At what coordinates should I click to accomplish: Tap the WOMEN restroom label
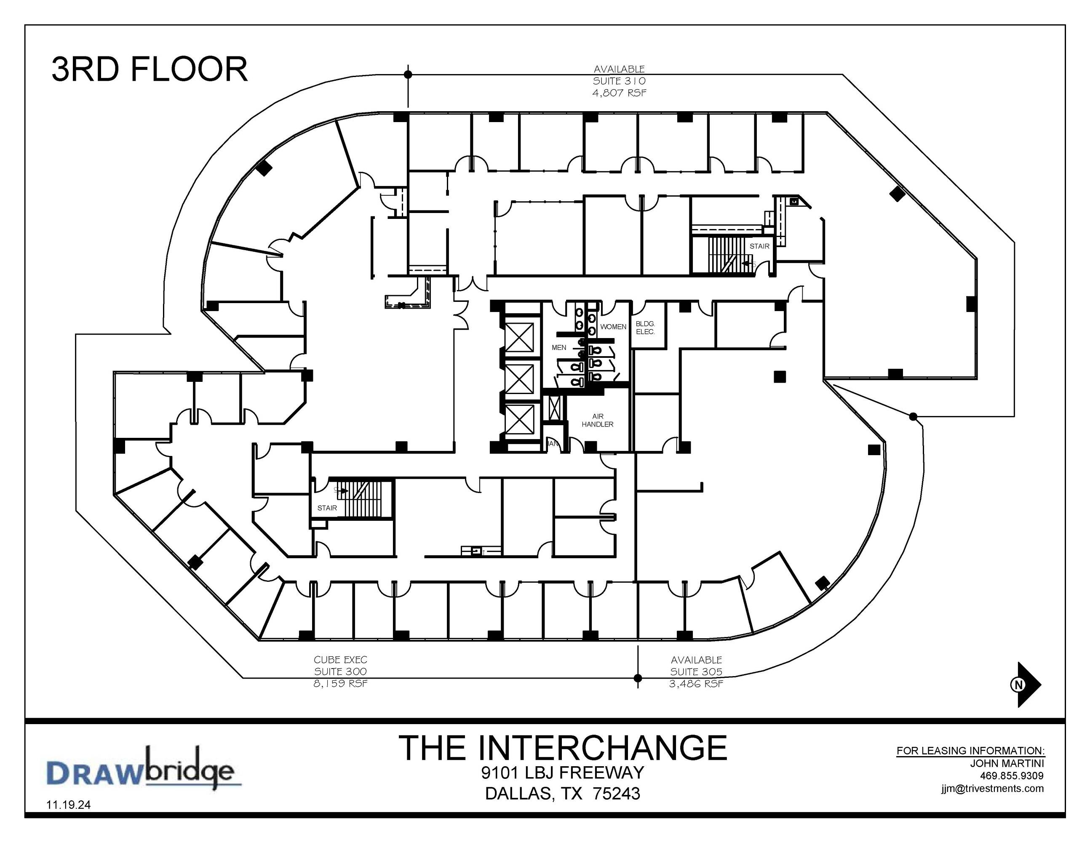coord(613,327)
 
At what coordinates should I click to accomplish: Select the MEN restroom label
coord(559,347)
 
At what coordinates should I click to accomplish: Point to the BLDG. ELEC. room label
coord(645,328)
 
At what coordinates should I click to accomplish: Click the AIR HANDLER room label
coord(597,420)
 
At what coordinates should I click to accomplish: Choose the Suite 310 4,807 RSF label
coord(620,81)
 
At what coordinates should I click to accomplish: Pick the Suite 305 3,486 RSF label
coord(696,671)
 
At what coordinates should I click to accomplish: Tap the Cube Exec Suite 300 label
coord(340,671)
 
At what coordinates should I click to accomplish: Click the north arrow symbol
coord(1029,685)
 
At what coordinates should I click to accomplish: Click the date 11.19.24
coord(68,805)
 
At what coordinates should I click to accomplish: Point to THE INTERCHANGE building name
coord(562,748)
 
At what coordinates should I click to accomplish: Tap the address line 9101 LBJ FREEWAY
coord(562,773)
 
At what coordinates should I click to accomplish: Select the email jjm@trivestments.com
coord(993,789)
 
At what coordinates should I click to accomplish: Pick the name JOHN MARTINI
coord(1007,763)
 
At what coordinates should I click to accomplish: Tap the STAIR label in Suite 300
coord(327,508)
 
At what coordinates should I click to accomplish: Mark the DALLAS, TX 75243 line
coord(562,794)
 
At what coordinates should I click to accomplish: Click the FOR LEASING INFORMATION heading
coord(971,751)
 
